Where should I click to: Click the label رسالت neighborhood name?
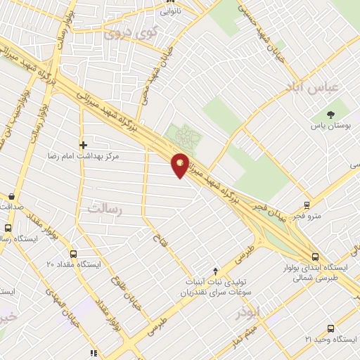105,208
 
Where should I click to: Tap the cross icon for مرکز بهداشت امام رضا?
83,144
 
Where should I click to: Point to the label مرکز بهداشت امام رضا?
83,156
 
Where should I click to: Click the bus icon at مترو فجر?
307,205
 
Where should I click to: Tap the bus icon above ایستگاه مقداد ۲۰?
74,253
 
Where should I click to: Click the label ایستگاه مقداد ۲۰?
74,264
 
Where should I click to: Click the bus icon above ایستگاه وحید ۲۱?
331,328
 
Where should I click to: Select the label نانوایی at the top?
169,11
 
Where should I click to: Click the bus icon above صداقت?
11,197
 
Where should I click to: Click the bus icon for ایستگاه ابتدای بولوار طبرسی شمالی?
314,257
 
